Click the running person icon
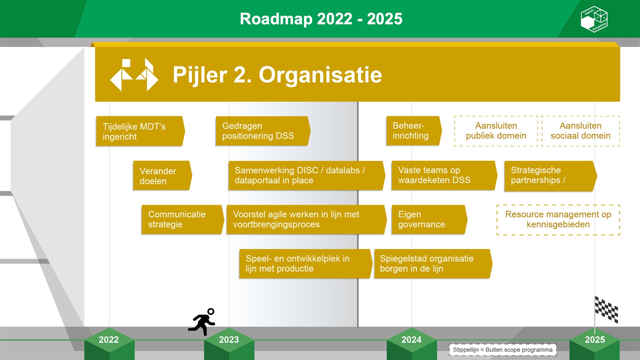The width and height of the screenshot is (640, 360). tap(202, 322)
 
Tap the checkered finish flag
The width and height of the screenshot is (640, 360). tap(606, 310)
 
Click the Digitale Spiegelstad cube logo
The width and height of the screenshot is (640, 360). tap(594, 19)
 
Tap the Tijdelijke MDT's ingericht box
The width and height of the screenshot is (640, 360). tap(140, 131)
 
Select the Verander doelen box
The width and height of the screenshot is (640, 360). tap(162, 176)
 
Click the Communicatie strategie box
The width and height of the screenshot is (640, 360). tap(182, 220)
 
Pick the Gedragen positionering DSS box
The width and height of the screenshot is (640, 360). tap(263, 131)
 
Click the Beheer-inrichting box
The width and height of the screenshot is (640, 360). tap(414, 131)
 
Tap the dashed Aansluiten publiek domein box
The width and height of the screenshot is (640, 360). tap(496, 131)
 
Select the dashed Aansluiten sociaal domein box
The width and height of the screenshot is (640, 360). tap(581, 131)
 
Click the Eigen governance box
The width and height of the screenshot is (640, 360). tap(429, 220)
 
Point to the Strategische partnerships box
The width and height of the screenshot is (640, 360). tap(550, 176)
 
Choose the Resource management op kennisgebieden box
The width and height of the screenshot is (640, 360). tap(558, 220)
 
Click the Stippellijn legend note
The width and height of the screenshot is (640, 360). tap(503, 350)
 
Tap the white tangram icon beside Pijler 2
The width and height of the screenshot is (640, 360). tap(134, 75)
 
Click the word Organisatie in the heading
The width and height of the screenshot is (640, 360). tap(320, 75)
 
